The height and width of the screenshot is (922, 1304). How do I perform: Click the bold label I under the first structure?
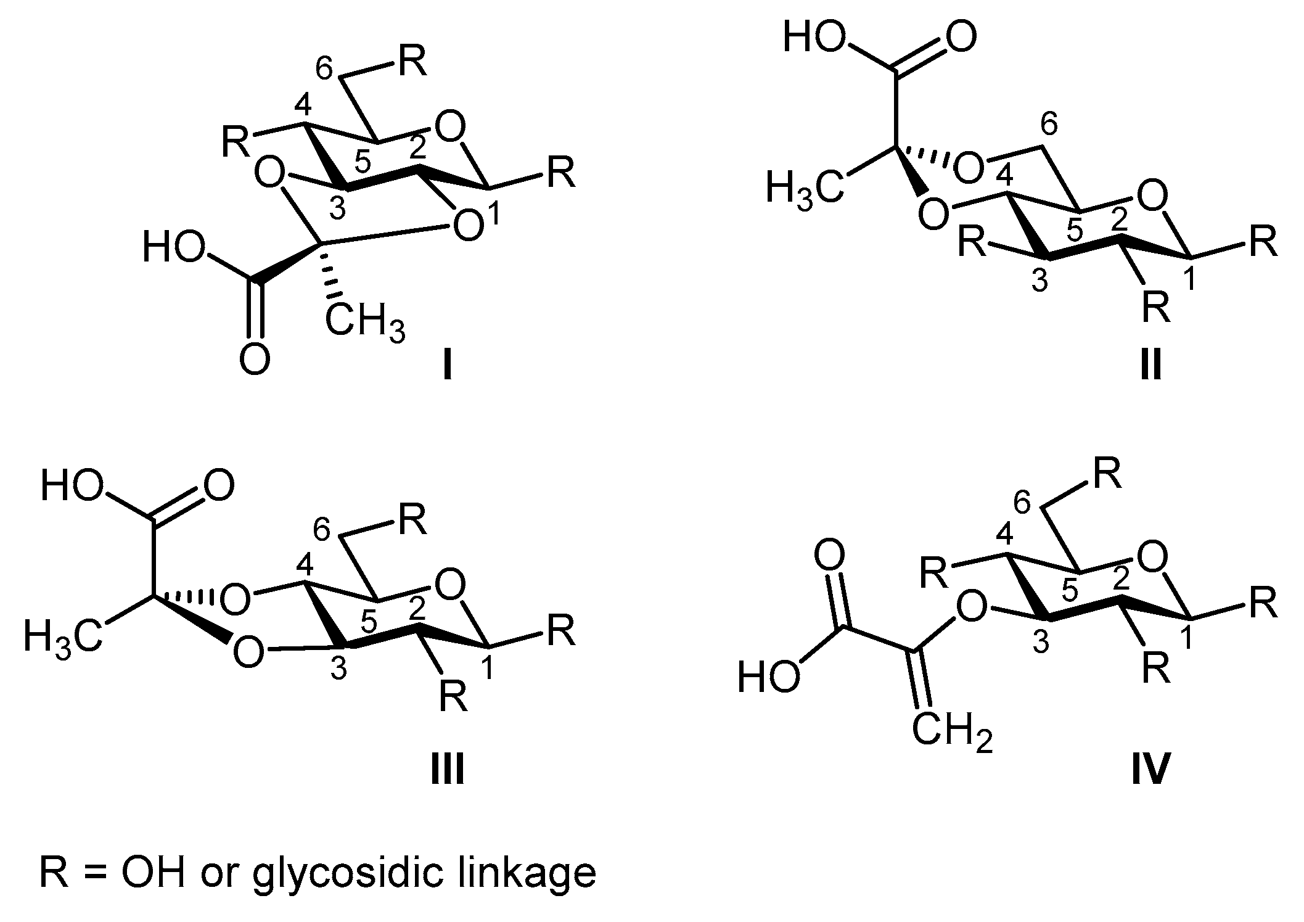coord(447,368)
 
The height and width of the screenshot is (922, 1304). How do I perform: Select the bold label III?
coord(447,770)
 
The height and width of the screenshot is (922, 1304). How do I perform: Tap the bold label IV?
coord(1150,770)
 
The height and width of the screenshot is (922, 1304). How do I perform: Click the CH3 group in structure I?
coord(365,323)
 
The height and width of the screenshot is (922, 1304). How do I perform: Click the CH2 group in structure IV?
coord(952,733)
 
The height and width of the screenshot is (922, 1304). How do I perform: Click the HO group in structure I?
coord(173,250)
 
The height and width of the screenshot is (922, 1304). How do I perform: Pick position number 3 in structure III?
coord(338,670)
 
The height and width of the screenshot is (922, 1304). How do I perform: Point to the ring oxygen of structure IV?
coord(1152,559)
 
